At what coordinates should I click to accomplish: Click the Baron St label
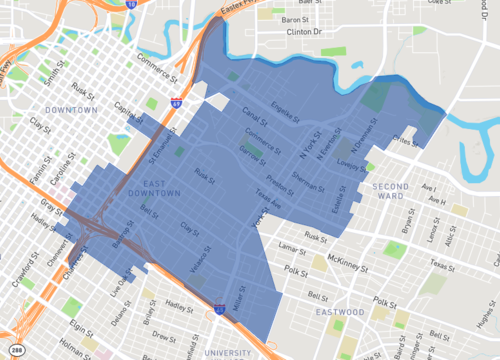click(x=296, y=20)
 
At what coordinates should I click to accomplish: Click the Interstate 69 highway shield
click(x=176, y=102)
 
